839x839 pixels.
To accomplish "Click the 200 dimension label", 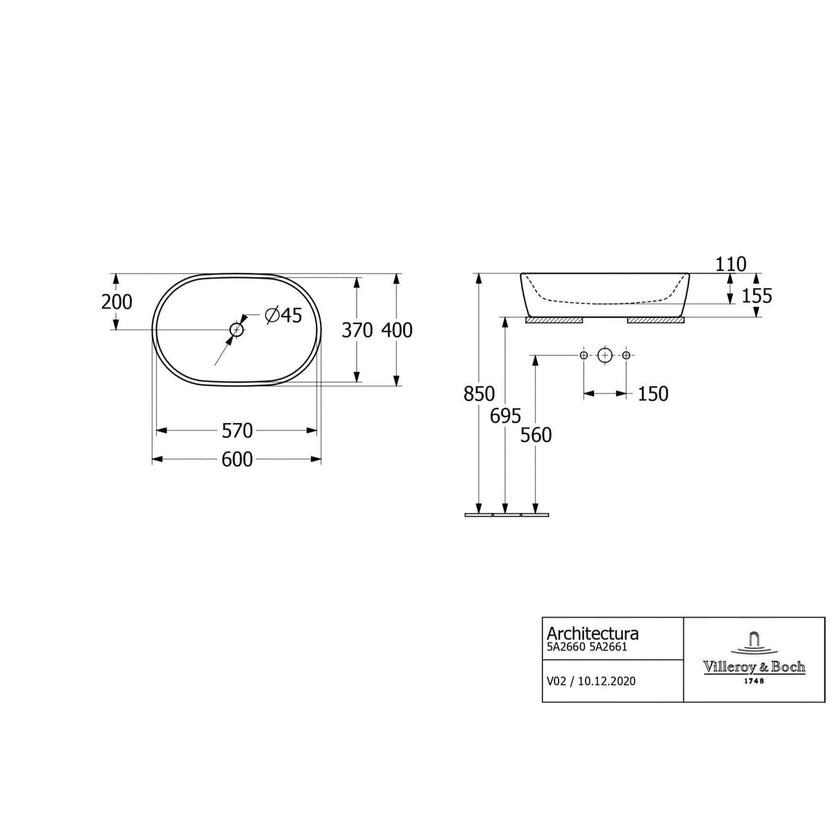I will [116, 302].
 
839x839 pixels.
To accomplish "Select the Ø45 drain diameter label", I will [283, 315].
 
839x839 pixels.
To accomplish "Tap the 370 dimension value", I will [357, 330].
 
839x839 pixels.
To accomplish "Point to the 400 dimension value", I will [397, 330].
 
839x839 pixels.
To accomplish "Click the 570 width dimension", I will [237, 431].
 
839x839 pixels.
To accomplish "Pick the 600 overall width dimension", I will [237, 460].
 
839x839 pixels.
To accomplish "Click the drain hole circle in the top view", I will [237, 330].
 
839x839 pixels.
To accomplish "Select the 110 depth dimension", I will [731, 264].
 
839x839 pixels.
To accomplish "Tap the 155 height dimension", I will [756, 296].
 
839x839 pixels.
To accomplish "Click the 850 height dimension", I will [479, 394].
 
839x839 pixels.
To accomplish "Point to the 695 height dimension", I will [505, 416].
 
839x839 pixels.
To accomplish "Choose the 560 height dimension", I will [536, 435].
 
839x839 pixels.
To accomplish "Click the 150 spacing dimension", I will [652, 394].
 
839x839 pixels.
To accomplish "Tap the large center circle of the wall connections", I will [605, 355].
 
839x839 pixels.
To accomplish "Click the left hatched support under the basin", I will [554, 321].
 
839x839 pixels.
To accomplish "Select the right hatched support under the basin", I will [655, 321].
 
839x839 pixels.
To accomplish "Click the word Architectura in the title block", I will [592, 633].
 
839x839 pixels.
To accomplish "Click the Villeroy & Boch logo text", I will [754, 667].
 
